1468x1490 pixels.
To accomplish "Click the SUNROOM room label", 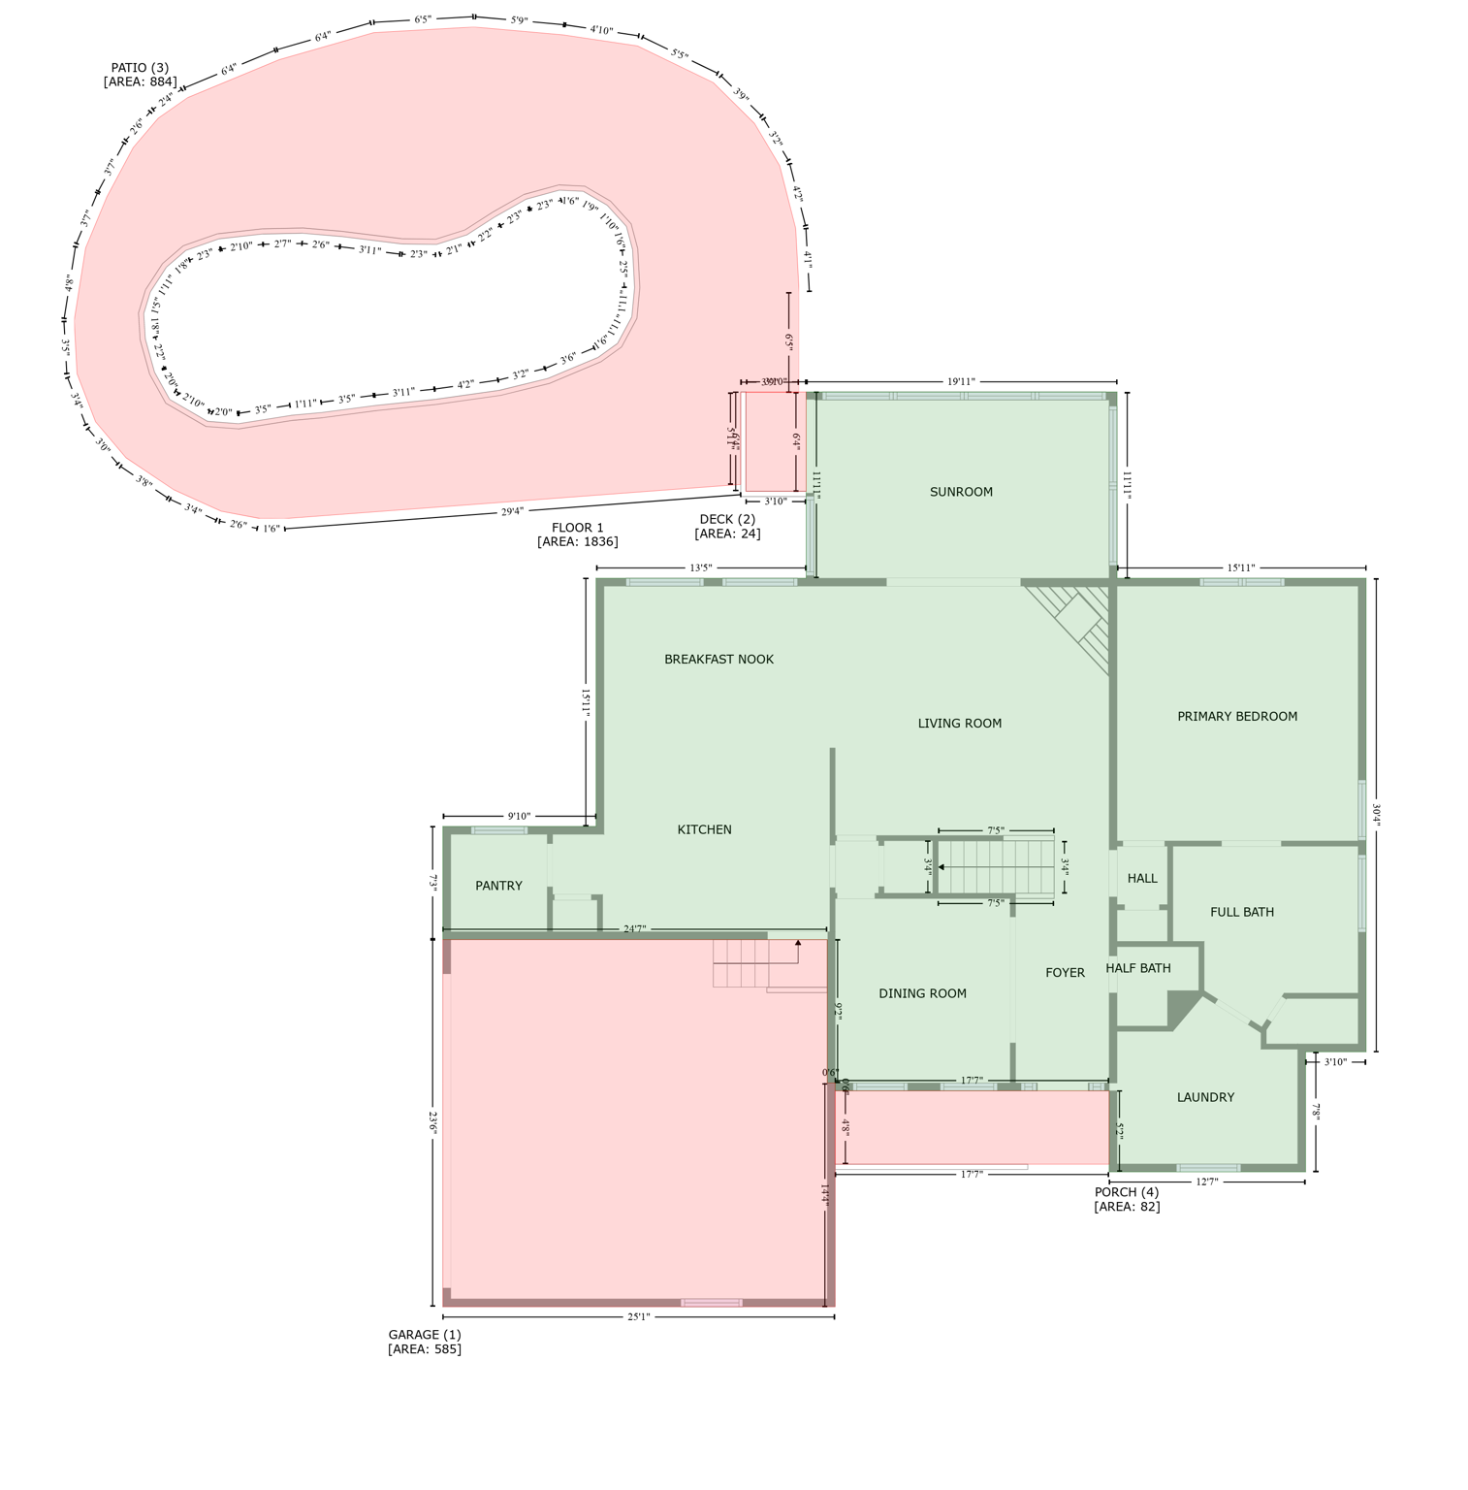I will (x=960, y=492).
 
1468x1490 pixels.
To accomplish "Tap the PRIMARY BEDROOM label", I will (x=1236, y=717).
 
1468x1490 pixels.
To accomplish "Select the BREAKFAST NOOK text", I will (x=718, y=660).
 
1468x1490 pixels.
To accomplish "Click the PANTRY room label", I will (x=498, y=886).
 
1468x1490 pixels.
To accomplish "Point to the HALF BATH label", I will (x=1137, y=968).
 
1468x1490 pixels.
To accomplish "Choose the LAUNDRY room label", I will (x=1204, y=1097).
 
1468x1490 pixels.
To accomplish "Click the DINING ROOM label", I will (x=921, y=993).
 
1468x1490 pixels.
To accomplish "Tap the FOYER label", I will (x=1064, y=973).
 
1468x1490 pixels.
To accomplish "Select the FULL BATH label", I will (x=1241, y=912).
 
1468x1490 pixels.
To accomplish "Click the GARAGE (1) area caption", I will (x=425, y=1342).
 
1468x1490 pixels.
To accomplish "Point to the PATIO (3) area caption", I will (x=140, y=75).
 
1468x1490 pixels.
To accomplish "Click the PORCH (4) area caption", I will (x=1126, y=1199).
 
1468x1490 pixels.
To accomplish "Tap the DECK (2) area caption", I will (x=727, y=526).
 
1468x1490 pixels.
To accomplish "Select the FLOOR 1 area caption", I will (x=577, y=534).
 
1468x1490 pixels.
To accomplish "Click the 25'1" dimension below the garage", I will (x=638, y=1316).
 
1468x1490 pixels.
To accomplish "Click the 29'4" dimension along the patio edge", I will (x=512, y=511).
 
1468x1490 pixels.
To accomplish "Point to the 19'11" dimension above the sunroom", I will (x=960, y=382).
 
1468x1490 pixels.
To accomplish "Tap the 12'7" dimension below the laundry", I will (x=1206, y=1182).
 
